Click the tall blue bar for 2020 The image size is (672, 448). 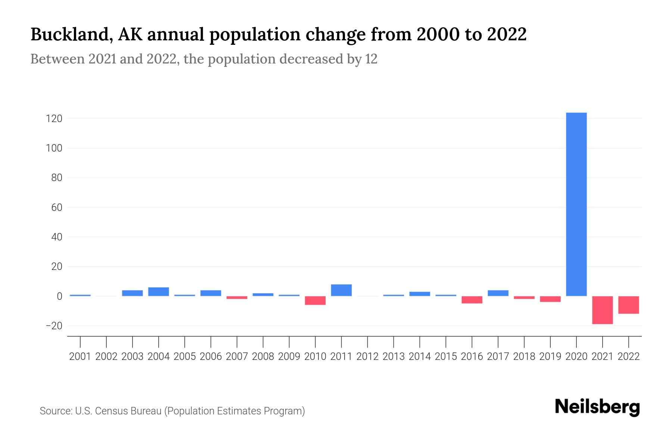[x=576, y=204]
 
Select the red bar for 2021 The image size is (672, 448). [x=602, y=310]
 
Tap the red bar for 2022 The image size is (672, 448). [x=628, y=305]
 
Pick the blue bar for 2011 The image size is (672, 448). [x=341, y=290]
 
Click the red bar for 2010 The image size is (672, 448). [x=315, y=301]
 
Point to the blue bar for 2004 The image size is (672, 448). [x=159, y=292]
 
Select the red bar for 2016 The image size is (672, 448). [x=472, y=300]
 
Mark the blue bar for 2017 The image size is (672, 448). [x=498, y=293]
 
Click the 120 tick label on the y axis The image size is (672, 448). [x=54, y=119]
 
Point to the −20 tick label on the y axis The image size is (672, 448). [x=53, y=326]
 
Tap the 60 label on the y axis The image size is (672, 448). [x=56, y=208]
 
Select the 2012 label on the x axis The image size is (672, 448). [x=367, y=357]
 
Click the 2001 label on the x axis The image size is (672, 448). [x=80, y=357]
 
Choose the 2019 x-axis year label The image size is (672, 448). [x=550, y=357]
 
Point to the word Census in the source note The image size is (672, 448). [x=111, y=411]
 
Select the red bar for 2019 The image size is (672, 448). [x=550, y=299]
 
